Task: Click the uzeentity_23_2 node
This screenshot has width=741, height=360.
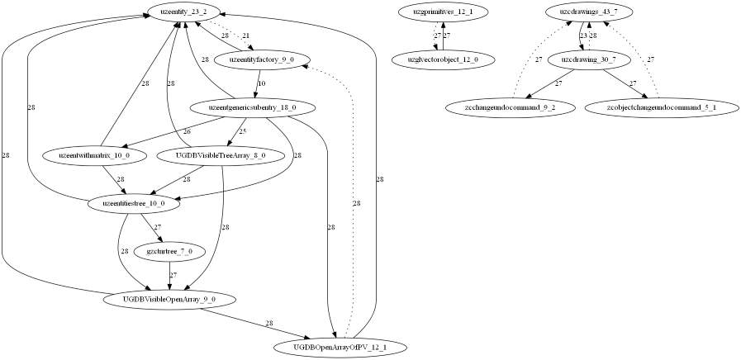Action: [183, 12]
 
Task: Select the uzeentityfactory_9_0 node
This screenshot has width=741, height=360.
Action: [261, 59]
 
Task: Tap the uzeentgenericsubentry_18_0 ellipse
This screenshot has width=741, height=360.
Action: [242, 107]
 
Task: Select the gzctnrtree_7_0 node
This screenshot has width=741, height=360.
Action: [169, 250]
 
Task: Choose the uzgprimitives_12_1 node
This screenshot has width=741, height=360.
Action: [443, 12]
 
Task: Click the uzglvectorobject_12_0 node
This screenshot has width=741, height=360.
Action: [443, 59]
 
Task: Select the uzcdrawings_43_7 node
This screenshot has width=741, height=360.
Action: [588, 12]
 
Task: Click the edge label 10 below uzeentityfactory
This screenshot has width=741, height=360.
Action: [261, 83]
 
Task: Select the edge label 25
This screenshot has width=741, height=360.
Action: [242, 131]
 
